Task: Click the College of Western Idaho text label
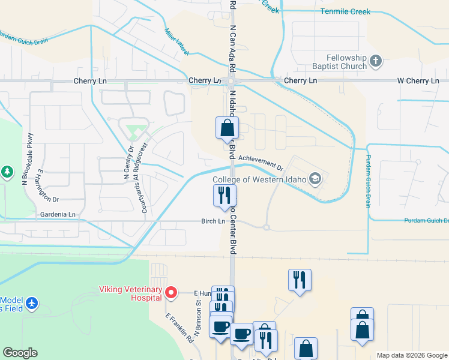tap(259, 179)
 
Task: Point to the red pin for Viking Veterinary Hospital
tap(171, 293)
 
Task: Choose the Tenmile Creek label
tap(345, 11)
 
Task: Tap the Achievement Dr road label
tap(261, 161)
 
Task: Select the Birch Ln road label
tap(212, 221)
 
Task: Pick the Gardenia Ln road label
tap(58, 214)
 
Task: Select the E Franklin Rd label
tap(179, 328)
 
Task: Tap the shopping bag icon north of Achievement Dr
tap(227, 128)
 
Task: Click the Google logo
tap(20, 353)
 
